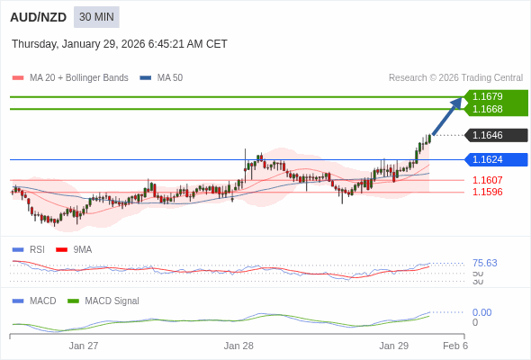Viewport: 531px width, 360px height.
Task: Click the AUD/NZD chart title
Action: tap(39, 17)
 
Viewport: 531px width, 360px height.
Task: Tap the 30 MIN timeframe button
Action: tap(96, 17)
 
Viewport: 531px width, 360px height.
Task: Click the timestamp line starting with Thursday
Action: tap(120, 44)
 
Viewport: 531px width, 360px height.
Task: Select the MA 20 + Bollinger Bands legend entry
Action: tap(78, 77)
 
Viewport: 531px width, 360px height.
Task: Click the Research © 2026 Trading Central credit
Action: tap(455, 77)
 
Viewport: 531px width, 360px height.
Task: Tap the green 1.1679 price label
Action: tap(493, 96)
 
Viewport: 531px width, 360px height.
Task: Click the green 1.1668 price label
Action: tap(493, 109)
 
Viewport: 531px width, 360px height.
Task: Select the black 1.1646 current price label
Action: tap(493, 136)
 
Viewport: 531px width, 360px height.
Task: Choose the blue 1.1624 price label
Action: tap(493, 159)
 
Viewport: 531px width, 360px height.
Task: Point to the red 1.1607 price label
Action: tap(487, 180)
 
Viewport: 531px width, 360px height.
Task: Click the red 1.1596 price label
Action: tap(487, 192)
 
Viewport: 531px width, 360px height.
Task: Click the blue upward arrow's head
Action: tap(458, 101)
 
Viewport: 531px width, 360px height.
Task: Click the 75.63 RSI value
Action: tap(484, 263)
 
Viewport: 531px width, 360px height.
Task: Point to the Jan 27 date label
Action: tap(84, 346)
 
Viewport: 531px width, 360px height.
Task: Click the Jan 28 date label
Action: tap(238, 346)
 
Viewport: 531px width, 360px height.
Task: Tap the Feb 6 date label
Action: tap(454, 346)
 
